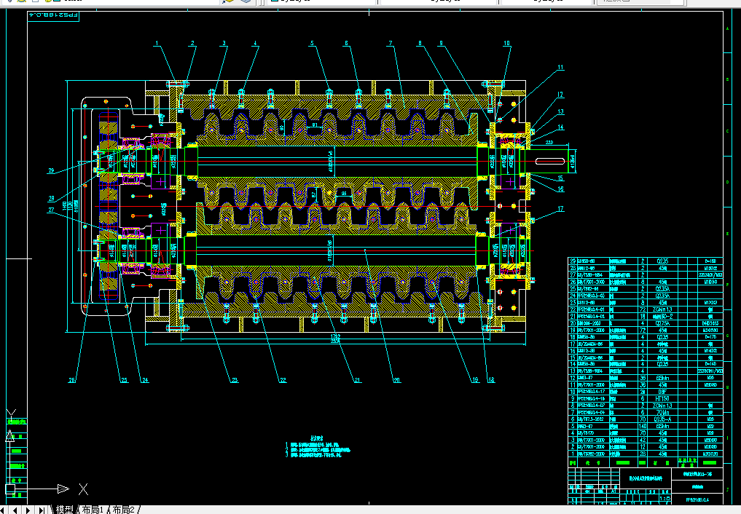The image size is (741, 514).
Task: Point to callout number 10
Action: [507, 44]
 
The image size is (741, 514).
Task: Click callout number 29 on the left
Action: [51, 171]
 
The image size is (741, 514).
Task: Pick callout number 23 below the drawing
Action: [235, 379]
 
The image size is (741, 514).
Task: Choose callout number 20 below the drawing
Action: [397, 379]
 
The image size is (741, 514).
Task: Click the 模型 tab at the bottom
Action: [64, 509]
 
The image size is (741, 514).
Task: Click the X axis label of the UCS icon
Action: [84, 489]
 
